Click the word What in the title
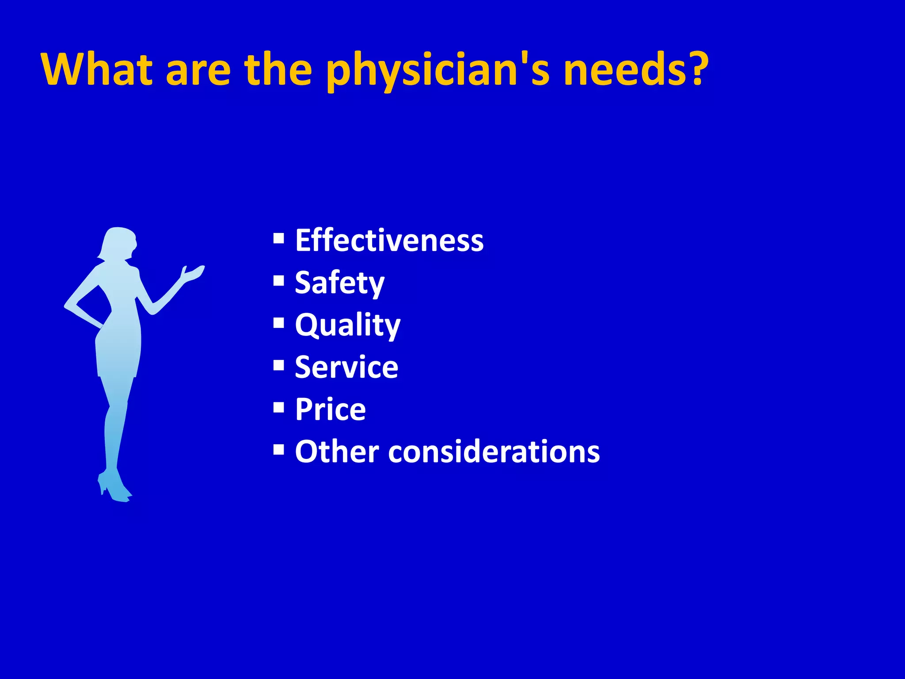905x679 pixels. click(97, 69)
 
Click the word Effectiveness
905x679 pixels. click(389, 240)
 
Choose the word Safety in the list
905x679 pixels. click(339, 283)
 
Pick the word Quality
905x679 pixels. click(347, 325)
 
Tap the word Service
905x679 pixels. click(346, 367)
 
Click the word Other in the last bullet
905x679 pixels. click(337, 452)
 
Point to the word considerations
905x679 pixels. click(494, 452)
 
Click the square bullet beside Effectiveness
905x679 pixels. click(279, 239)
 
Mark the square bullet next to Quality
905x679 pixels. click(279, 323)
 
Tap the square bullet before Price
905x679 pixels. click(279, 407)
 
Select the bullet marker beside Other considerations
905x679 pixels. click(279, 450)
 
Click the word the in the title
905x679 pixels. click(278, 69)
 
